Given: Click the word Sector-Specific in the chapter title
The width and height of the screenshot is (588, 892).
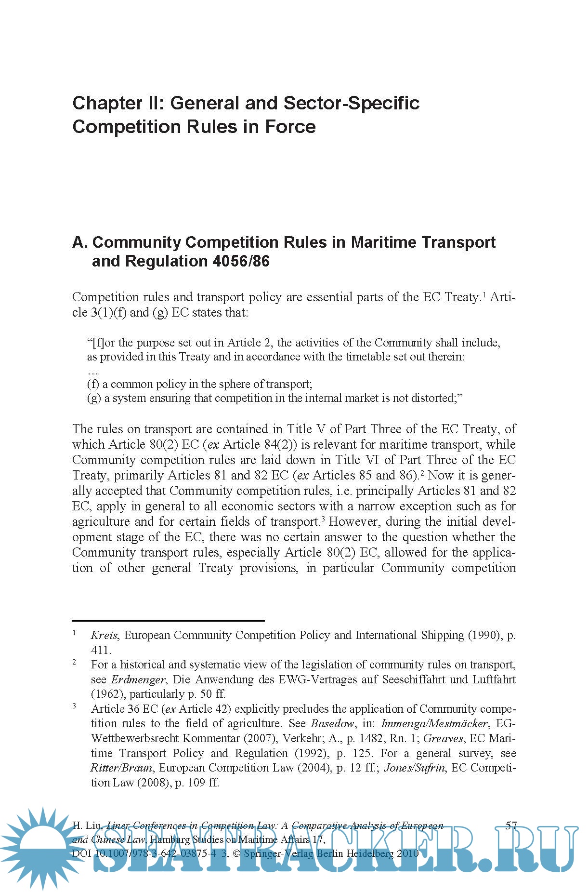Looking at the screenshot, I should pos(351,103).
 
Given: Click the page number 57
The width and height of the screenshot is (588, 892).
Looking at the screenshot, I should pos(511,825).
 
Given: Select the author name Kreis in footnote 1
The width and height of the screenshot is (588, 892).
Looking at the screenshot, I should pos(104,635).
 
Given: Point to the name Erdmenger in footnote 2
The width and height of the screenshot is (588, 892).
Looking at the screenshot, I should pos(138,679).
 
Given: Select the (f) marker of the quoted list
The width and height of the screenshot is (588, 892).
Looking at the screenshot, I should pos(93,384).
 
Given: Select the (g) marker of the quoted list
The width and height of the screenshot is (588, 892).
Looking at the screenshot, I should pos(93,398).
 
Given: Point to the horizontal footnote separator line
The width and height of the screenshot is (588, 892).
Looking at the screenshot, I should pos(168,621).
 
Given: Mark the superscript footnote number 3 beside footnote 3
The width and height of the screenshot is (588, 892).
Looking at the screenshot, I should pos(75,706).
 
